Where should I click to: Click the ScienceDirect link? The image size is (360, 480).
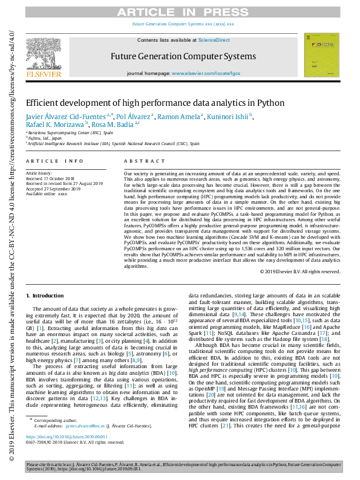click(x=214, y=40)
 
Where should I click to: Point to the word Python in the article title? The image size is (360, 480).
click(x=272, y=103)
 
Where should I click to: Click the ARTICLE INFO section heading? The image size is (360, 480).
click(x=54, y=161)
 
